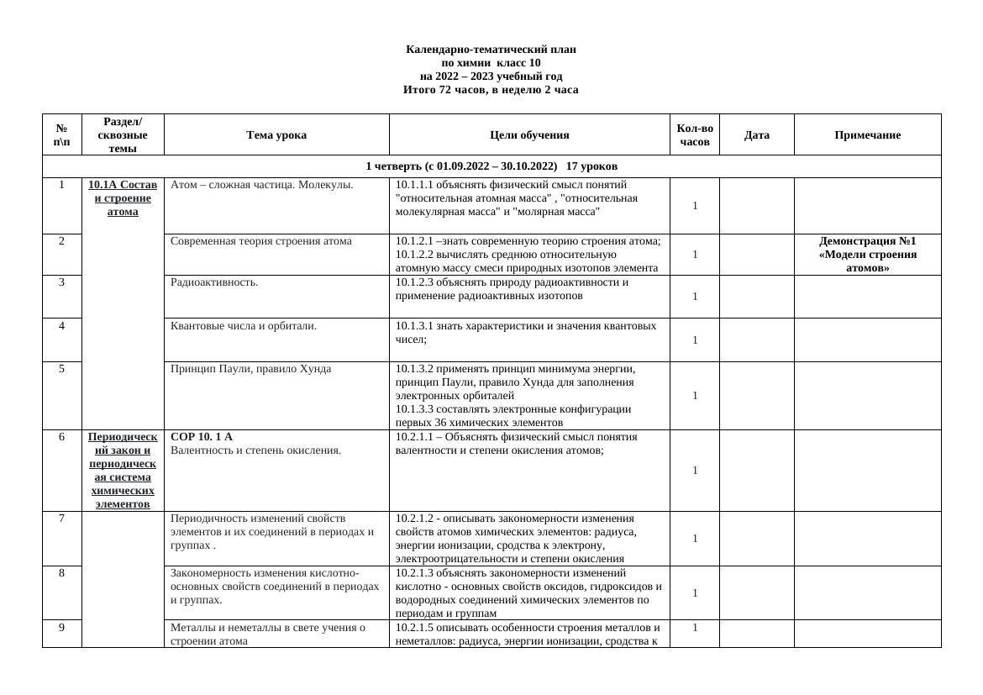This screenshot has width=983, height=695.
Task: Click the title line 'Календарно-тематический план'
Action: (491, 50)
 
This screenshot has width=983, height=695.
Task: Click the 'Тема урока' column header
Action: (276, 135)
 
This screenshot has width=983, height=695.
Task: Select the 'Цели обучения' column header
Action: (529, 135)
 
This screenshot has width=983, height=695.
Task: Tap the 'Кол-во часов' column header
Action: (695, 135)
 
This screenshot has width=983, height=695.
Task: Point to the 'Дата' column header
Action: (756, 135)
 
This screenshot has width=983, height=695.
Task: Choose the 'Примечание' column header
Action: (867, 135)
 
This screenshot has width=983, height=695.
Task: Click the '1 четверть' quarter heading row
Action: (491, 166)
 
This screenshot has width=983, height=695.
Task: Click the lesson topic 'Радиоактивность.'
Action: (214, 282)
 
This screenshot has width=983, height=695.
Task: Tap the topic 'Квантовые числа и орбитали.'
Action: (244, 326)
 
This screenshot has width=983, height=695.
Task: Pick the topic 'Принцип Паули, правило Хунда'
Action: (250, 369)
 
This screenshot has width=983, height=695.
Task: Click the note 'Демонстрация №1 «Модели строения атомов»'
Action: (867, 255)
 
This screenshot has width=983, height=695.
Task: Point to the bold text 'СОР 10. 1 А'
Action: (202, 437)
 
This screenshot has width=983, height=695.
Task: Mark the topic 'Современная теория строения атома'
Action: (260, 241)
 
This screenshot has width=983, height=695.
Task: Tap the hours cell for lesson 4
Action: (695, 340)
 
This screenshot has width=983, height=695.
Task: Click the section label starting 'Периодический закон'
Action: (123, 471)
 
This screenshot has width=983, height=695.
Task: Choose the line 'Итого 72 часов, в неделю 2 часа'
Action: (491, 90)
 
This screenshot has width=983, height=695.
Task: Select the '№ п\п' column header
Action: (62, 135)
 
